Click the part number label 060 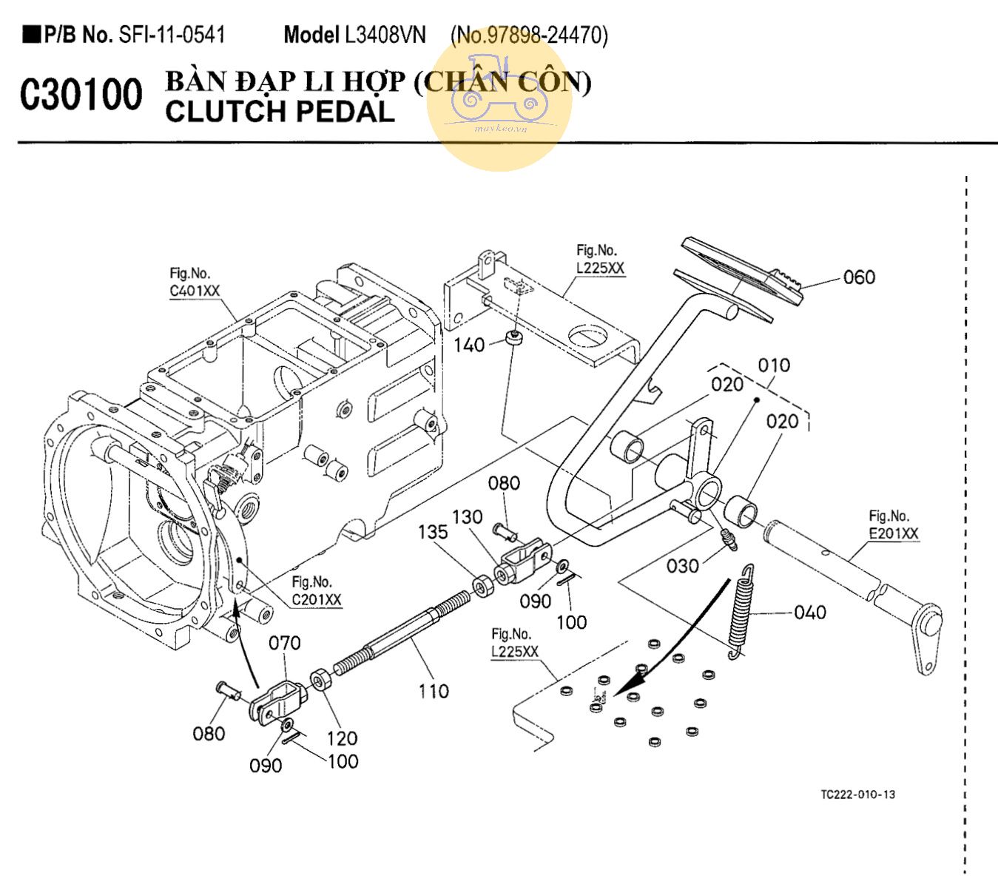click(x=859, y=277)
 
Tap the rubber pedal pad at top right click(x=740, y=274)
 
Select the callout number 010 click(x=774, y=365)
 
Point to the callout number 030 click(x=682, y=566)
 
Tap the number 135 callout click(x=433, y=532)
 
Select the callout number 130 click(x=468, y=517)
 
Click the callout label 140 click(x=469, y=345)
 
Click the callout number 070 click(x=285, y=643)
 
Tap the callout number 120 click(x=343, y=738)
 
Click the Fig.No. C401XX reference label click(x=195, y=283)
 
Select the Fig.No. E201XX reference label click(x=893, y=525)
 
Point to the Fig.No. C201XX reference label click(x=316, y=591)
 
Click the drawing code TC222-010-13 click(x=857, y=795)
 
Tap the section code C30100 click(x=81, y=95)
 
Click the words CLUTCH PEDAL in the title click(x=280, y=112)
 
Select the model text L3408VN click(x=385, y=35)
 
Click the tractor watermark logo click(x=499, y=100)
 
